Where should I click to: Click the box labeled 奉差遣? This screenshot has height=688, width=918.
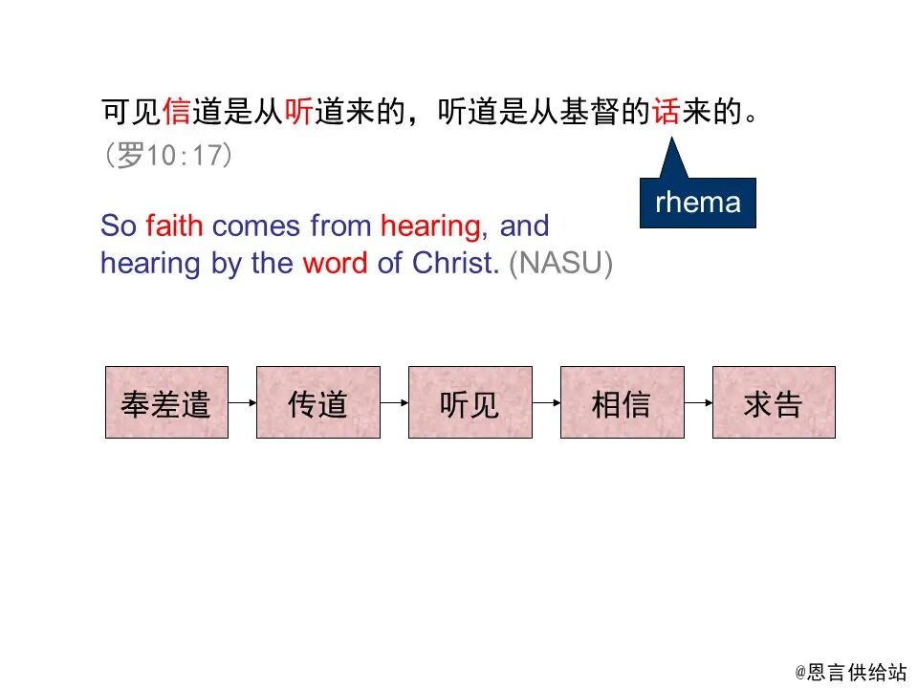[x=166, y=402]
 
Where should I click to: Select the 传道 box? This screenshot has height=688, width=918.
[x=317, y=402]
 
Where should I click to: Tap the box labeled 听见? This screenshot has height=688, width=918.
[x=470, y=402]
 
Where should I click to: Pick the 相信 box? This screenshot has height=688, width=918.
[x=622, y=402]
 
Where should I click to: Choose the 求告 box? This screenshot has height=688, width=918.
[x=773, y=402]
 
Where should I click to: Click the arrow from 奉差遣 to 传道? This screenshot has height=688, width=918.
[x=243, y=403]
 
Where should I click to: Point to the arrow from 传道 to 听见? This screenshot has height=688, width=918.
[x=394, y=403]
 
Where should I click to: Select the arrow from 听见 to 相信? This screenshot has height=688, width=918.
[x=546, y=403]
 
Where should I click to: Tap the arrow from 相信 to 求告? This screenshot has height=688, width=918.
[x=698, y=403]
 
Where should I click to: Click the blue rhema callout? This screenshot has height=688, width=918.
[x=697, y=203]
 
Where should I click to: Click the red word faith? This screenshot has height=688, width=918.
[x=175, y=226]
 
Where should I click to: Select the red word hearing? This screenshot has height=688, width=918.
[x=429, y=227]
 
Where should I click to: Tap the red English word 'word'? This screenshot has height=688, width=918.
[x=335, y=264]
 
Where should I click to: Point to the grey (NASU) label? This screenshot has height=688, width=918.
[x=560, y=264]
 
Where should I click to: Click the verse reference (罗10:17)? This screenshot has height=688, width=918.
[x=168, y=156]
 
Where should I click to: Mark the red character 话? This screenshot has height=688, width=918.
[x=667, y=114]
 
